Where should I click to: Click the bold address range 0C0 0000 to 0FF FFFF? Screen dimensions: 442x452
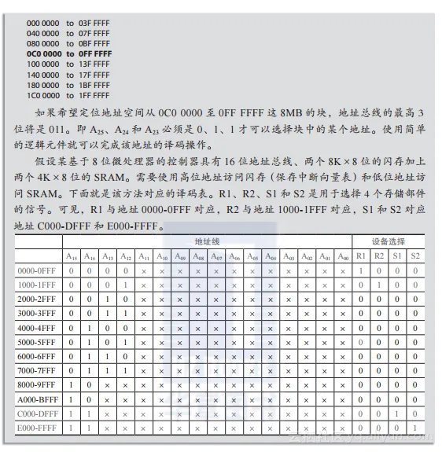(69, 54)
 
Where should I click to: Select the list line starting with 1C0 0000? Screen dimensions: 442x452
(69, 95)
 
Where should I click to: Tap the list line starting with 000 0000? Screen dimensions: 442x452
(69, 24)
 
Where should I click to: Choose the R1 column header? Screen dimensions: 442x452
(361, 255)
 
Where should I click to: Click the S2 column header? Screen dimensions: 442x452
(415, 255)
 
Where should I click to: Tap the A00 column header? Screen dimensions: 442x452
(342, 255)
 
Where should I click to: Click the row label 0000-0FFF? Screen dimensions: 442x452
(35, 270)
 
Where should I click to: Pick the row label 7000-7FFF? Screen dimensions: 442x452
(35, 370)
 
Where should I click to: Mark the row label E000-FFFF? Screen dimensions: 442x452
(35, 428)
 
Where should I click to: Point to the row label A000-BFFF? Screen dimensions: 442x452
(35, 399)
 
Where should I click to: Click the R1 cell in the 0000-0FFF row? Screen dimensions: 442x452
(361, 270)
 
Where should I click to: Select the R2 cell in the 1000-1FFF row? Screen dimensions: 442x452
(379, 285)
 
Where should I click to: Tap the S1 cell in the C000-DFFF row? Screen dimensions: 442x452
(397, 413)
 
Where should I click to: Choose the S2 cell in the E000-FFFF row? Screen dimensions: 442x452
(415, 428)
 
